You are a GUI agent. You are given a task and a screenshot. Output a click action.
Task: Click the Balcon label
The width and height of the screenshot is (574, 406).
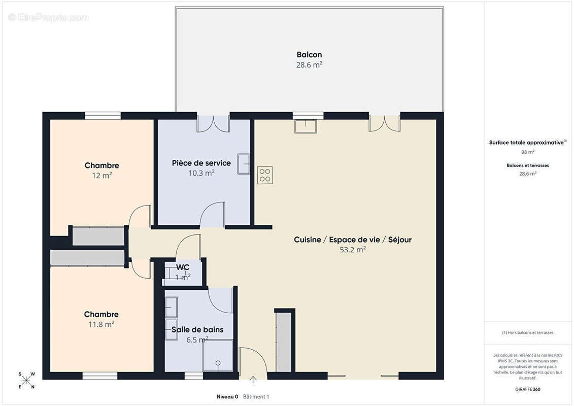click(309, 54)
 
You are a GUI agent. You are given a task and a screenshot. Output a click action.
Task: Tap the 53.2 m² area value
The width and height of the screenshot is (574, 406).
click(353, 250)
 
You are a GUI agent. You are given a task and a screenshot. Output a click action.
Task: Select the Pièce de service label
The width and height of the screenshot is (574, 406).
click(201, 163)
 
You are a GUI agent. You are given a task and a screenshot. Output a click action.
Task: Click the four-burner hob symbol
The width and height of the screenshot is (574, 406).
click(265, 175)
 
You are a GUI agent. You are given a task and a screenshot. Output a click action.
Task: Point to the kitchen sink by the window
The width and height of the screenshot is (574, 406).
click(306, 126)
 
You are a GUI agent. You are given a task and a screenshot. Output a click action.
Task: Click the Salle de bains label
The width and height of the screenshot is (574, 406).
click(197, 329)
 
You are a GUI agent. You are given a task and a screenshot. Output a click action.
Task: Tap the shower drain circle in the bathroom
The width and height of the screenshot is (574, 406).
click(218, 363)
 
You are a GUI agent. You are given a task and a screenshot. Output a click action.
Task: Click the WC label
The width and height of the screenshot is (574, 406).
click(183, 267)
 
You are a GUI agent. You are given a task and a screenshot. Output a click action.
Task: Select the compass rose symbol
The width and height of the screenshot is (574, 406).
click(26, 380)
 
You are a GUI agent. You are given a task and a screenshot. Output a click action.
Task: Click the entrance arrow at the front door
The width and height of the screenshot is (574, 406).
click(253, 379)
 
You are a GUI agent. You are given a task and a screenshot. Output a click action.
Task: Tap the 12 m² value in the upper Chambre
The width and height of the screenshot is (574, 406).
click(102, 176)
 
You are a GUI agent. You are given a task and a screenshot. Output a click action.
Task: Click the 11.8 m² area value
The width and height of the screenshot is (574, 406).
click(102, 324)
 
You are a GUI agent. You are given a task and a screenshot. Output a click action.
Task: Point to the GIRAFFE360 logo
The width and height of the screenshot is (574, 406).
click(527, 389)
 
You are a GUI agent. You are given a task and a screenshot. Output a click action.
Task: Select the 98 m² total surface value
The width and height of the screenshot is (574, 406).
click(528, 152)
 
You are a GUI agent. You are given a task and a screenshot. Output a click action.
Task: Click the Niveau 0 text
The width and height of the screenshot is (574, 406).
click(227, 396)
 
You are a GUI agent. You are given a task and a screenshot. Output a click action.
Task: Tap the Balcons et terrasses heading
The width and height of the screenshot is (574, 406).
click(528, 165)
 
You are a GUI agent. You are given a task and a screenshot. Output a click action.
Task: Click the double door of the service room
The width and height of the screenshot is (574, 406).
click(214, 124)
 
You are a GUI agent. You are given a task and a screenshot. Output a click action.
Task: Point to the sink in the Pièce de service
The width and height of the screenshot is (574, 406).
click(244, 163)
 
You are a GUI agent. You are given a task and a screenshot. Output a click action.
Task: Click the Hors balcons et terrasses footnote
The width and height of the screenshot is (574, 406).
click(528, 333)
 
